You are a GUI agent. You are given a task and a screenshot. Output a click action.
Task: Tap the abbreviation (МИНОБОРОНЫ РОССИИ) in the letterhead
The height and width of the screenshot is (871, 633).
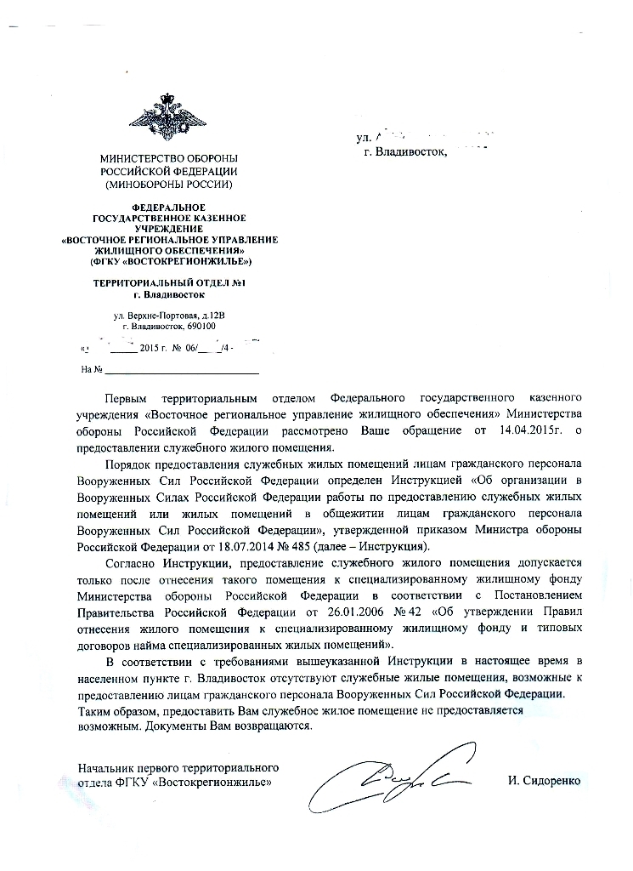tap(168, 185)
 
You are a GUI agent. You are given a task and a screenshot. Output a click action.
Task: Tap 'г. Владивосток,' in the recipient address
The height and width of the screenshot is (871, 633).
tap(404, 151)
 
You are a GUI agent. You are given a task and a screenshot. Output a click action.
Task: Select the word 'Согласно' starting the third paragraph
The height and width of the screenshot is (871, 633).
tap(128, 561)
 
